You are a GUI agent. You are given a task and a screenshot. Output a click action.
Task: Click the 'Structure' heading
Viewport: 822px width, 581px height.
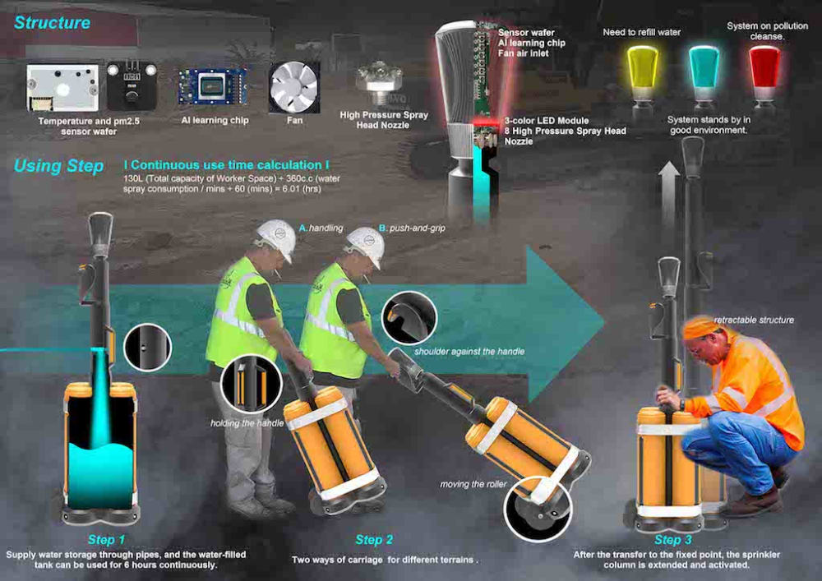[x=52, y=22]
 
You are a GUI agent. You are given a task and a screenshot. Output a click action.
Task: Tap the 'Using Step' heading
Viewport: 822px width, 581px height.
[x=58, y=166]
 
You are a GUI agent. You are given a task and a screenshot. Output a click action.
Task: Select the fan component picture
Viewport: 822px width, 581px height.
[x=294, y=87]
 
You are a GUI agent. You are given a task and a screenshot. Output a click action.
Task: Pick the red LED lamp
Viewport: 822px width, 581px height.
[x=764, y=71]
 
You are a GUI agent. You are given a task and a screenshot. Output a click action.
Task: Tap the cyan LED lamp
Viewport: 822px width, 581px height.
[x=704, y=71]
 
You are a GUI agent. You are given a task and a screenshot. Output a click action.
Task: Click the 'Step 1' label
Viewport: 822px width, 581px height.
[x=106, y=540]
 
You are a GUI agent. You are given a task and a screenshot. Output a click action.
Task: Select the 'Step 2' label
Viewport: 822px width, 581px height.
[x=374, y=540]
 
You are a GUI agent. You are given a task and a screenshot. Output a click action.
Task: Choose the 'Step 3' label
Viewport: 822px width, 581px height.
[x=673, y=540]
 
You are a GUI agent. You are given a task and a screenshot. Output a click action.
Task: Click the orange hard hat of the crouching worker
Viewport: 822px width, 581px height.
[x=702, y=328]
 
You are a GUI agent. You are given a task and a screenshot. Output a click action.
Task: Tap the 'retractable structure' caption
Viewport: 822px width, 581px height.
[x=754, y=320]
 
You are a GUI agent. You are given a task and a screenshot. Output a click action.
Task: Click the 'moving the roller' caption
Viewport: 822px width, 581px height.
[x=473, y=485]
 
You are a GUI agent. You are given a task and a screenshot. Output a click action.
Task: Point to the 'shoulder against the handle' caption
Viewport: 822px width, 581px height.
[x=469, y=352]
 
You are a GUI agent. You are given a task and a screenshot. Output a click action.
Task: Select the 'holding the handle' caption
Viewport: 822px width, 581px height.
[x=247, y=423]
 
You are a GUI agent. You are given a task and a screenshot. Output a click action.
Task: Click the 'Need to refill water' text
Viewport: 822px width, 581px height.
[x=642, y=33]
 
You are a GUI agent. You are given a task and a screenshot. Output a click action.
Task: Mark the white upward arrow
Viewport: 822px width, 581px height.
[x=668, y=194]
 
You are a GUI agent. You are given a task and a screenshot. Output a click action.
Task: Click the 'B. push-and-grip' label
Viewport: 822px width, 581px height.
[x=412, y=228]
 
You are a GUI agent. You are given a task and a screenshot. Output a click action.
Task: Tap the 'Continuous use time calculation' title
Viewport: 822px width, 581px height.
[x=227, y=165]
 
